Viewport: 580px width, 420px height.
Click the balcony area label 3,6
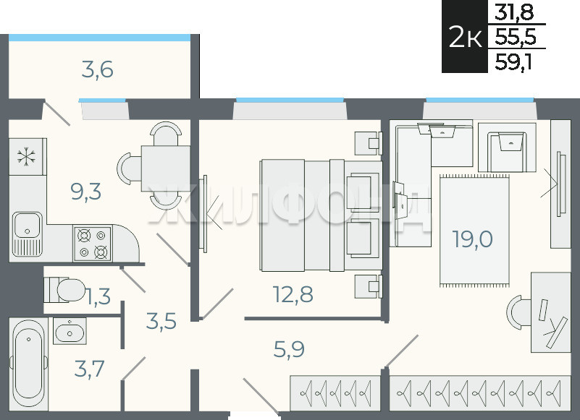click(97, 70)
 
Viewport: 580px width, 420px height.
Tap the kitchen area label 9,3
click(86, 192)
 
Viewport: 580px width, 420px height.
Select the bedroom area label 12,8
click(293, 294)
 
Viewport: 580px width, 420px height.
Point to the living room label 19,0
click(472, 239)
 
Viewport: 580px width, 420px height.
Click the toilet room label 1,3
click(98, 296)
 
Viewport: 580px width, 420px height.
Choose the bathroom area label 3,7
click(89, 369)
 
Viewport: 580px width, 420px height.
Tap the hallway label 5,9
click(289, 349)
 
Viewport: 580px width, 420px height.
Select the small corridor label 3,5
click(161, 321)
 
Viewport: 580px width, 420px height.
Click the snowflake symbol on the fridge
click(27, 156)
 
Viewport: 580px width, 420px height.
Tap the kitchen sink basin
click(27, 225)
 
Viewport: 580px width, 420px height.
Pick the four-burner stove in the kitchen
click(93, 244)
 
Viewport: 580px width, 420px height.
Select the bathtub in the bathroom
click(28, 364)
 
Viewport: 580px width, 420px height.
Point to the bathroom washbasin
click(70, 331)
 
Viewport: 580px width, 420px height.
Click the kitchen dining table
click(166, 168)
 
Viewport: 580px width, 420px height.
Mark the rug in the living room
click(474, 231)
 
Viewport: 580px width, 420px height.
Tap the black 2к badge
click(465, 36)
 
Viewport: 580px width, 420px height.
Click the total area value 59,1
click(513, 61)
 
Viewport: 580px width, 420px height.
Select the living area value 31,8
click(514, 12)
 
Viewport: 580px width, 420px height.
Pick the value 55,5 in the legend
click(516, 37)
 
